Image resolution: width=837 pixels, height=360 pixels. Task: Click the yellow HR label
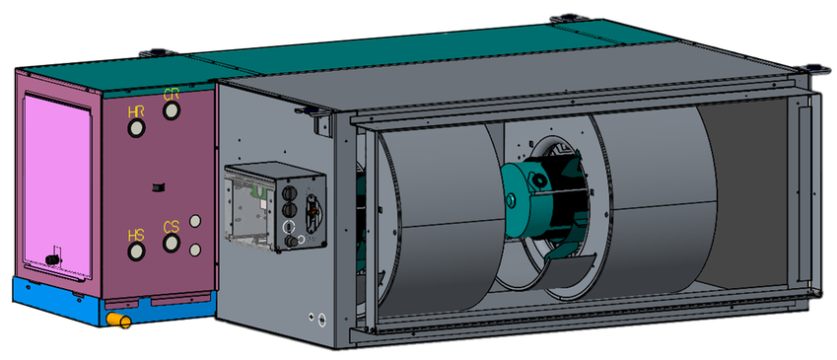pos(136,112)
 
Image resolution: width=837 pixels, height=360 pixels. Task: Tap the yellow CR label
pos(172,96)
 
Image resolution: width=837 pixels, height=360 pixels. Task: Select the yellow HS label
pos(136,236)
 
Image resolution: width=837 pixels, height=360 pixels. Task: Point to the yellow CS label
pos(172,228)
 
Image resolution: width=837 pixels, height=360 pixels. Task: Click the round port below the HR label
pos(136,129)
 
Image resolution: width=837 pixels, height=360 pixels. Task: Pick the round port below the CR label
pos(172,111)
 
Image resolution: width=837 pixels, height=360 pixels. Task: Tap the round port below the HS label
pos(136,252)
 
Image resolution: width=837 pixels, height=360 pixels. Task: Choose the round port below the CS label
pos(172,244)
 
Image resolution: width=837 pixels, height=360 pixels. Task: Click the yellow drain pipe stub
pos(118,320)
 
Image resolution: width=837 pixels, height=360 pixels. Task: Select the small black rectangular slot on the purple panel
pos(159,187)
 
